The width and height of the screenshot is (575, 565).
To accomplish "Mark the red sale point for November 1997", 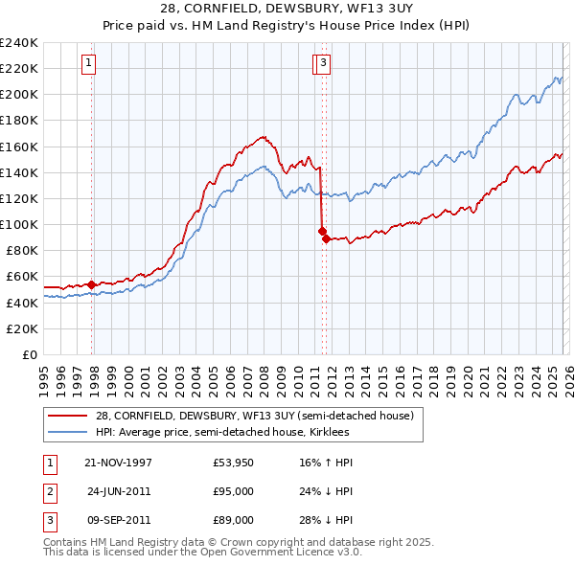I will click(92, 284).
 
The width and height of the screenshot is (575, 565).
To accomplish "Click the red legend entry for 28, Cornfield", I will click(254, 415).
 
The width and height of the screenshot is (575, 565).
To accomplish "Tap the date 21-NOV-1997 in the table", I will click(118, 463).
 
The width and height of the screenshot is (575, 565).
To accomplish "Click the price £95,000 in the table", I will click(233, 491).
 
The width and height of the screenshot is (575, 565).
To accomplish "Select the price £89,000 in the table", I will click(233, 520).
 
